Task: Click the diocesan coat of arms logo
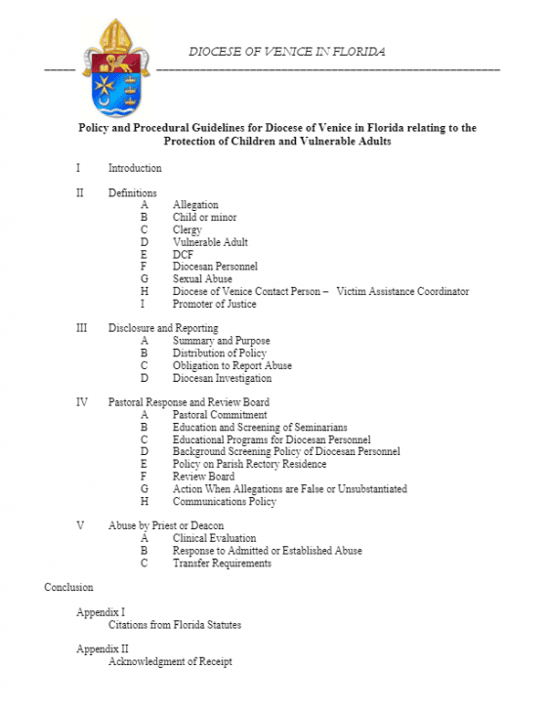pos(116,65)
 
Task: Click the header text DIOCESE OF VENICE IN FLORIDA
pos(286,51)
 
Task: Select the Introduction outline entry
pos(135,168)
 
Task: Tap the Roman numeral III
pos(81,328)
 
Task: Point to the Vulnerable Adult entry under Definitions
pos(210,242)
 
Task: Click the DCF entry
pos(183,254)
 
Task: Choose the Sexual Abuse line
pos(202,279)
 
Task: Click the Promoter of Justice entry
pos(215,304)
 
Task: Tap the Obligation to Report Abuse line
pos(231,365)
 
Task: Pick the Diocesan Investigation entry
pos(222,378)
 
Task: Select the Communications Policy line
pos(224,502)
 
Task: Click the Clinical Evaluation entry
pos(214,538)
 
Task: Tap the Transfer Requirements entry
pos(222,562)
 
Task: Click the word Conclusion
pos(68,587)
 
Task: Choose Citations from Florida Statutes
pos(174,624)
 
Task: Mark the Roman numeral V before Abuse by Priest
pos(80,525)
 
